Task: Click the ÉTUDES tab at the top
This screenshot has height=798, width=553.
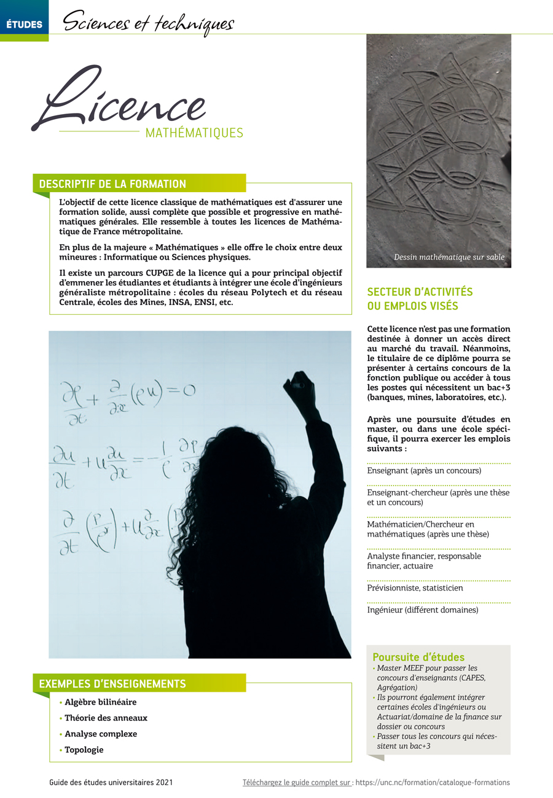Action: pyautogui.click(x=24, y=25)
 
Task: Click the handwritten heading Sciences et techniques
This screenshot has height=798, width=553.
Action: pyautogui.click(x=148, y=24)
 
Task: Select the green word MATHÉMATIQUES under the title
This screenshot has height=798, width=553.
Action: pyautogui.click(x=194, y=133)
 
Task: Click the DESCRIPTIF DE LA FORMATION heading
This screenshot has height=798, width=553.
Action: pyautogui.click(x=112, y=184)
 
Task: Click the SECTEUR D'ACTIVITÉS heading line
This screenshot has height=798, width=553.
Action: pyautogui.click(x=420, y=292)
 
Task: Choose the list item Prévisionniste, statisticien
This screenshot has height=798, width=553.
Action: pyautogui.click(x=415, y=588)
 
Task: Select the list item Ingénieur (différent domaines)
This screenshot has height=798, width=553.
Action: pyautogui.click(x=422, y=610)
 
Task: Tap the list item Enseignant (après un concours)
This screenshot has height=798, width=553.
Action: pyautogui.click(x=424, y=471)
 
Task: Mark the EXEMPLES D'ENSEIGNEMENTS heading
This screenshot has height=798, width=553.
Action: pyautogui.click(x=112, y=683)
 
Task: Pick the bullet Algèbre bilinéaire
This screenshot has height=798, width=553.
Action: pyautogui.click(x=100, y=702)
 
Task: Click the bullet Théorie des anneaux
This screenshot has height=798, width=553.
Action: pyautogui.click(x=106, y=718)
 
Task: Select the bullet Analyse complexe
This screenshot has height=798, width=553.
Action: pyautogui.click(x=101, y=734)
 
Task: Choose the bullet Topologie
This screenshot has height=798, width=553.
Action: pyautogui.click(x=84, y=750)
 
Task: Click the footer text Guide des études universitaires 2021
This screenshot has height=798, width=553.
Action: pyautogui.click(x=111, y=783)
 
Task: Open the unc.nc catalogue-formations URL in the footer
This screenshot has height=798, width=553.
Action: pyautogui.click(x=433, y=783)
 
